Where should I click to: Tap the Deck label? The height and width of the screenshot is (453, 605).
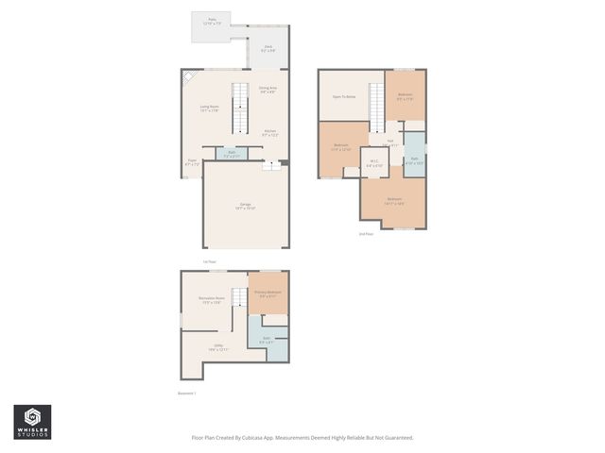(268, 47)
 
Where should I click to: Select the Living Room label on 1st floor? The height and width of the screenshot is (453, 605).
(210, 109)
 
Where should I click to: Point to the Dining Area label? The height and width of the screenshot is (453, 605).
(268, 90)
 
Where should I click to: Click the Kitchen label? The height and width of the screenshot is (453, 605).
(269, 132)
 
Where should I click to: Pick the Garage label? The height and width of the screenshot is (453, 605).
(245, 206)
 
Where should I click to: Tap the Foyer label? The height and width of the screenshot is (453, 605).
(192, 162)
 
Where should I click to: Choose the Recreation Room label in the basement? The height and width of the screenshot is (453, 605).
(211, 300)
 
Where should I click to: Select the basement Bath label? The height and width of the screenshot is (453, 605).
(267, 338)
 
